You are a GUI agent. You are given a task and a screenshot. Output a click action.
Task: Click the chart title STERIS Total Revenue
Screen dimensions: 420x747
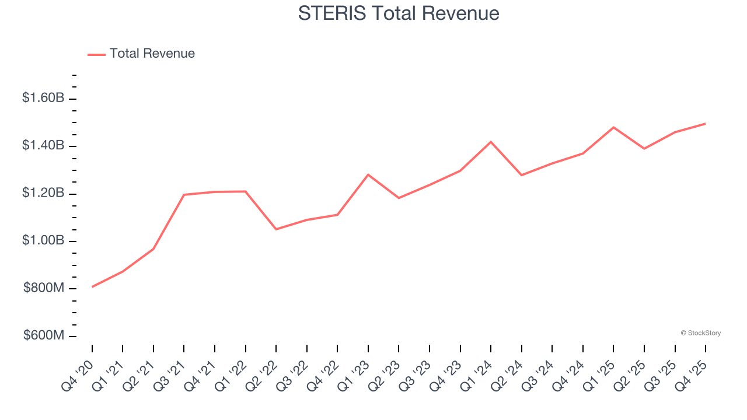pyautogui.click(x=399, y=13)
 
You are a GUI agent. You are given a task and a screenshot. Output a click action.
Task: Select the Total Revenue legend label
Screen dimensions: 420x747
pyautogui.click(x=152, y=54)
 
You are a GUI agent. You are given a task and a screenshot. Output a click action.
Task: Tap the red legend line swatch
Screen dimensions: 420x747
pyautogui.click(x=96, y=54)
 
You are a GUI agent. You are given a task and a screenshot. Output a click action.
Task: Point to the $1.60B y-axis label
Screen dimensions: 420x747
pyautogui.click(x=43, y=98)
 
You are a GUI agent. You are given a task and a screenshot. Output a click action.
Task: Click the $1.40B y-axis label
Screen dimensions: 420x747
pyautogui.click(x=43, y=145)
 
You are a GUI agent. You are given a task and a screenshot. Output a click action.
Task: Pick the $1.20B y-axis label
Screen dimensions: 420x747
pyautogui.click(x=43, y=193)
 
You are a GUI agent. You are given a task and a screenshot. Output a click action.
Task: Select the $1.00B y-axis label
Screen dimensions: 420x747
pyautogui.click(x=43, y=241)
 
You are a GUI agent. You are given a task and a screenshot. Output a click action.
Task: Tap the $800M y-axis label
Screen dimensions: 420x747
pyautogui.click(x=44, y=288)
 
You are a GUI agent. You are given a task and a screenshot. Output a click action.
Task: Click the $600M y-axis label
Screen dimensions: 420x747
pyautogui.click(x=44, y=336)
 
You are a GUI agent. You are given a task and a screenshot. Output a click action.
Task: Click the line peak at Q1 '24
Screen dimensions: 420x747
pyautogui.click(x=491, y=142)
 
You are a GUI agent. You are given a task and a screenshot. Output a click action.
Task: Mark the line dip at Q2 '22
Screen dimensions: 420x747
pyautogui.click(x=276, y=229)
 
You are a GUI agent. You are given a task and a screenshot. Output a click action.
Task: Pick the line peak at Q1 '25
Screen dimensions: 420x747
pyautogui.click(x=613, y=127)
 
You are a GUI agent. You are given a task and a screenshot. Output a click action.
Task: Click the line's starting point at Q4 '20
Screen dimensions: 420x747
pyautogui.click(x=92, y=287)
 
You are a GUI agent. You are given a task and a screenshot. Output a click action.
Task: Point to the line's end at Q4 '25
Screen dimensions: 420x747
pyautogui.click(x=706, y=124)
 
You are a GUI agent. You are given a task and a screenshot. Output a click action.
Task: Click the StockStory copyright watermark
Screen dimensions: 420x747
pyautogui.click(x=700, y=333)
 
